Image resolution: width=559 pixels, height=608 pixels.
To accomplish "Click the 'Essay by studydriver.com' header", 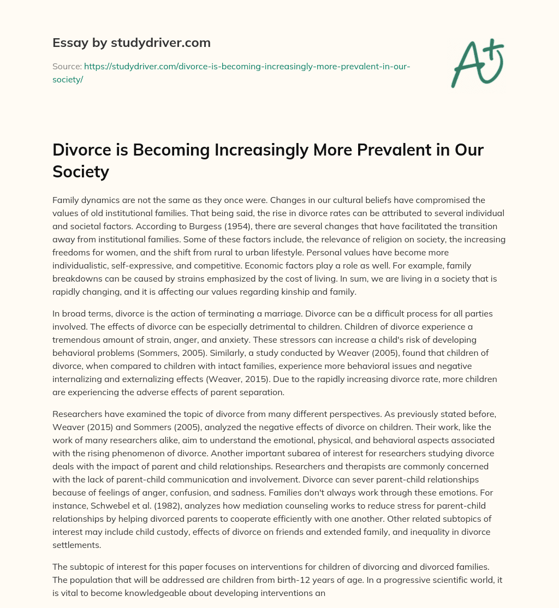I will click(131, 42).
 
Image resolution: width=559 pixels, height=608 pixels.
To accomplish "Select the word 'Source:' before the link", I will click(67, 67).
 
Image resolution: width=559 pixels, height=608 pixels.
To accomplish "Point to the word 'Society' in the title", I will click(81, 172).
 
